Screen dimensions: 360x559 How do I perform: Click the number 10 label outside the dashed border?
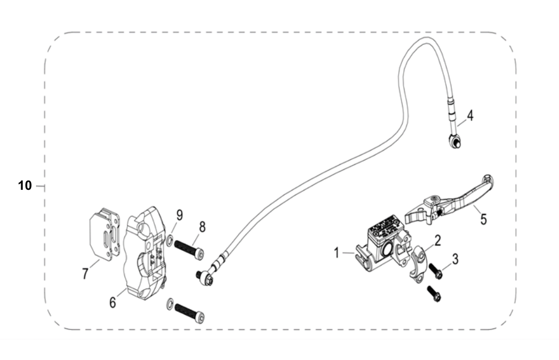coord(25,186)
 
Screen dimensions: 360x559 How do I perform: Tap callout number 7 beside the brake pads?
coord(85,274)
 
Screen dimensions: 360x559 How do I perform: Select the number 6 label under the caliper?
coord(112,302)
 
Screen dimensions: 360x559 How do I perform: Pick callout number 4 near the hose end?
coord(470,116)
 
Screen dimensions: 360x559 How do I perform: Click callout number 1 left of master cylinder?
coord(337,253)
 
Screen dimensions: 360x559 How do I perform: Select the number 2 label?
coord(438,238)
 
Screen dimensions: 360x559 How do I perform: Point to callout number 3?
coord(455,259)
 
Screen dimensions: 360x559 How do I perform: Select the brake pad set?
coord(104,233)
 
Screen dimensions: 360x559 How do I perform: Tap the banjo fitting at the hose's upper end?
coord(454,141)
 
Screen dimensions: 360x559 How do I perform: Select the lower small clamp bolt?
coord(435,294)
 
